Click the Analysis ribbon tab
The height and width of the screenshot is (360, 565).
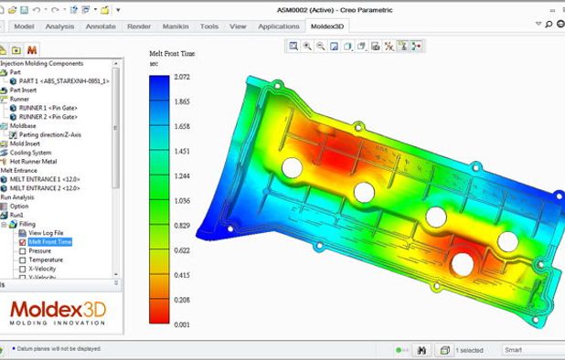point(59,26)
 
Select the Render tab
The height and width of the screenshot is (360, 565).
point(139,26)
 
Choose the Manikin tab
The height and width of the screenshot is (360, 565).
point(175,26)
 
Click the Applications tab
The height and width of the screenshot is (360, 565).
point(279,26)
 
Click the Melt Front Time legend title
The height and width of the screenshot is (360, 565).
point(172,54)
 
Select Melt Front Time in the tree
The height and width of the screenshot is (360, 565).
point(49,242)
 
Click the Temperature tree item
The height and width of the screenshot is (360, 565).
point(46,260)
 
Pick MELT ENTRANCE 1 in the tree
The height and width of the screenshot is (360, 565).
point(46,179)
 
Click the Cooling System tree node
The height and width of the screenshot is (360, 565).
point(31,152)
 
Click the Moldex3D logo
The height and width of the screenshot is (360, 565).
point(57,312)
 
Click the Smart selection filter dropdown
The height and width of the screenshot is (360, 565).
point(530,350)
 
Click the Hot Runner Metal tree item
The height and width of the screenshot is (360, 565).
point(35,161)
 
